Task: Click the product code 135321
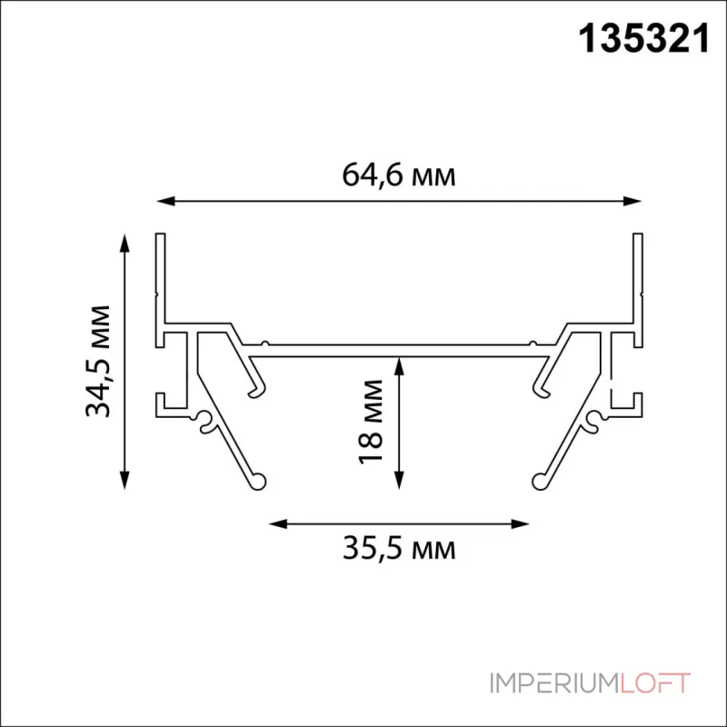click(x=644, y=39)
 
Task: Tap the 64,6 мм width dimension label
click(x=399, y=176)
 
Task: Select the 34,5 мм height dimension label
click(x=98, y=362)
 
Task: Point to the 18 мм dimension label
click(x=371, y=421)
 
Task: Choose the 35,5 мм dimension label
click(x=399, y=549)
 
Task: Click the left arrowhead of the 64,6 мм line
click(x=165, y=201)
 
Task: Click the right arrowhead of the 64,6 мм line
click(x=632, y=201)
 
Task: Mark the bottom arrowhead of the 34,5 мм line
click(x=124, y=481)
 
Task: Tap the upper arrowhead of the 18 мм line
click(x=399, y=366)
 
